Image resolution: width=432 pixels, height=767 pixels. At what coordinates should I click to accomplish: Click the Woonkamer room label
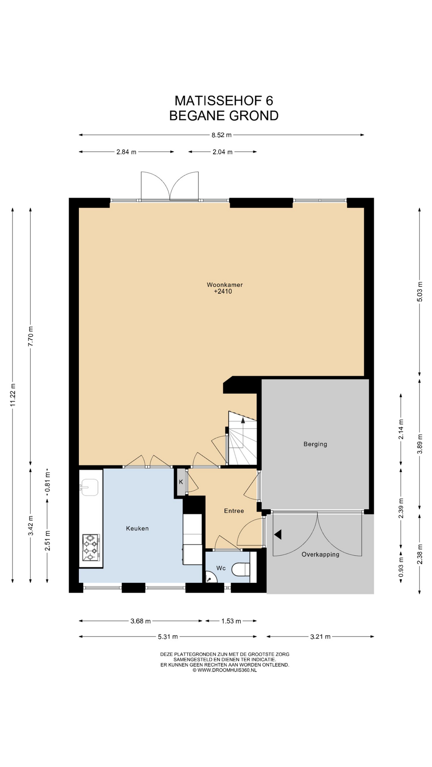point(224,285)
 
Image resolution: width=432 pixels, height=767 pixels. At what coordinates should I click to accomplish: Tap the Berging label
point(315,444)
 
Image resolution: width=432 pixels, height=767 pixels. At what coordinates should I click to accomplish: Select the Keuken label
point(137,528)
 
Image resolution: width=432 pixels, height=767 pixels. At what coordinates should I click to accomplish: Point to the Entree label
point(234,511)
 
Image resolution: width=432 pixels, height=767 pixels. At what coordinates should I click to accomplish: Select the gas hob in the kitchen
point(91,547)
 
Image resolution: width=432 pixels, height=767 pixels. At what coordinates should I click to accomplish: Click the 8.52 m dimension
point(222,135)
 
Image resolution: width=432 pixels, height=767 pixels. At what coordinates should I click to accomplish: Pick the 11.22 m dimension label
point(13,395)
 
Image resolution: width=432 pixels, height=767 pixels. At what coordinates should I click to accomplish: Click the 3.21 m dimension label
point(320,636)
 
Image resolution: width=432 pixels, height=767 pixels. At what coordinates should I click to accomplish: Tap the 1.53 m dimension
point(231,621)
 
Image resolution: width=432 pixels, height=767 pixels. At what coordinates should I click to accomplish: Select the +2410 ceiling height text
point(223,292)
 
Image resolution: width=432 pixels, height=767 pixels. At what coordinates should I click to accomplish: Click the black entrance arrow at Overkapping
point(278,535)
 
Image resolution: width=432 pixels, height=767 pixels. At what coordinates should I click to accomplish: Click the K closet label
point(181,482)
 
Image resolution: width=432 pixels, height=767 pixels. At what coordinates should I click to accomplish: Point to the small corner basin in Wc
point(210,578)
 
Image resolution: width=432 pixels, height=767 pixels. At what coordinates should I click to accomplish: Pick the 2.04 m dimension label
point(222,152)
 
